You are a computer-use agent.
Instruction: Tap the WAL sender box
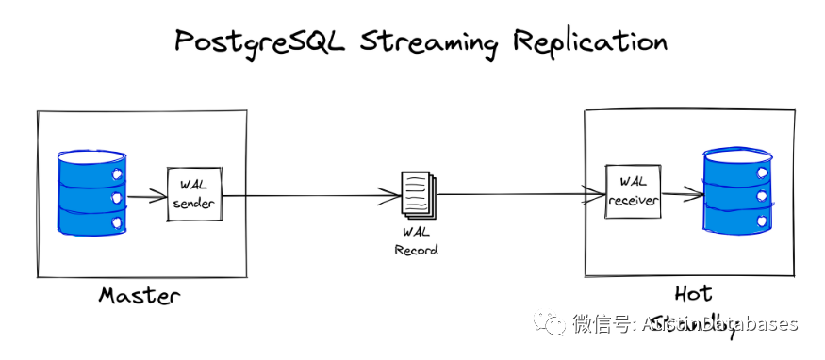pos(193,195)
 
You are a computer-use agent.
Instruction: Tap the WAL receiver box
pos(632,190)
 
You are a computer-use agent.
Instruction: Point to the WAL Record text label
pos(416,240)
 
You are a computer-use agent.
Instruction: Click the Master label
pos(140,296)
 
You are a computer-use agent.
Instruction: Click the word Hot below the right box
pos(693,293)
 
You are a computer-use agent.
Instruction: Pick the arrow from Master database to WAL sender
pos(146,198)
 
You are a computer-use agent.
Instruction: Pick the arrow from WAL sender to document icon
pos(311,196)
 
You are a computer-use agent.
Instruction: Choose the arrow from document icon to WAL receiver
pos(519,195)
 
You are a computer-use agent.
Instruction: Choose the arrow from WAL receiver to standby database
pos(681,196)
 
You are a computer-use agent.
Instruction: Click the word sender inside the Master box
pos(193,205)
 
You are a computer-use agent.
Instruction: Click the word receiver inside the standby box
pos(632,200)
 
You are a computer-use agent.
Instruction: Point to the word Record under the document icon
pos(416,250)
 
